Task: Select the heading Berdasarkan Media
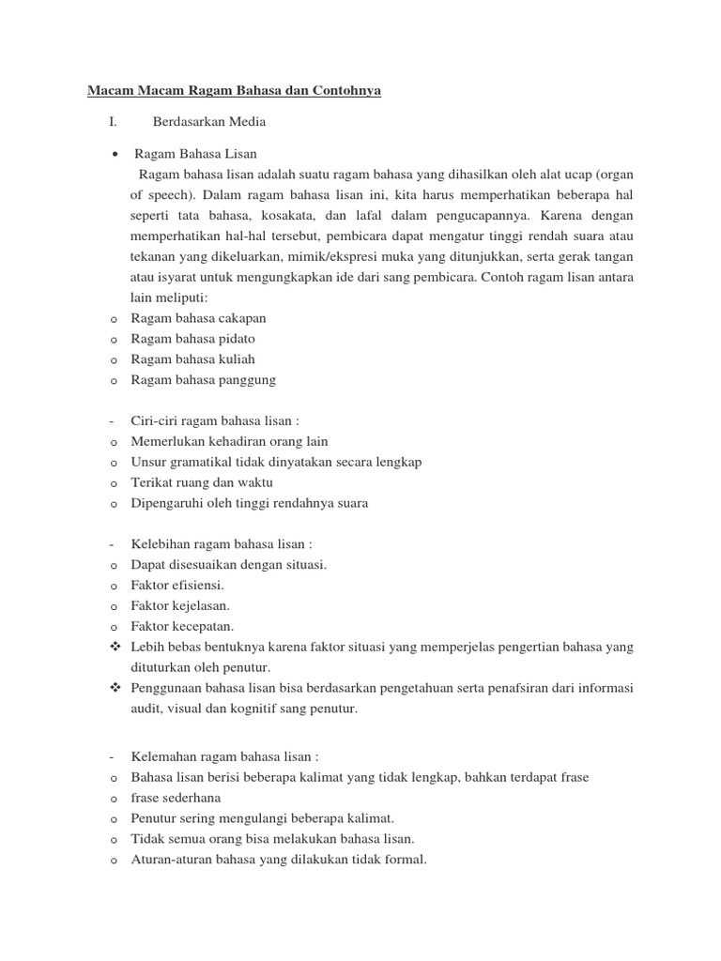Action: [x=208, y=122]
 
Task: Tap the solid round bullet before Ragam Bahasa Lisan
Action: [x=113, y=154]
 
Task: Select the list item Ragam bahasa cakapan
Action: [x=192, y=318]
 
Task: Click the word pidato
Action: [x=236, y=339]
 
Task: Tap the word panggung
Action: [x=248, y=380]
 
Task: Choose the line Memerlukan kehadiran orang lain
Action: [x=229, y=441]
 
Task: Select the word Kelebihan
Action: [x=161, y=544]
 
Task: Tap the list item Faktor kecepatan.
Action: [x=182, y=626]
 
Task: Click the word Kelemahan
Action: [x=162, y=756]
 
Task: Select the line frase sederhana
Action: [x=176, y=798]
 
